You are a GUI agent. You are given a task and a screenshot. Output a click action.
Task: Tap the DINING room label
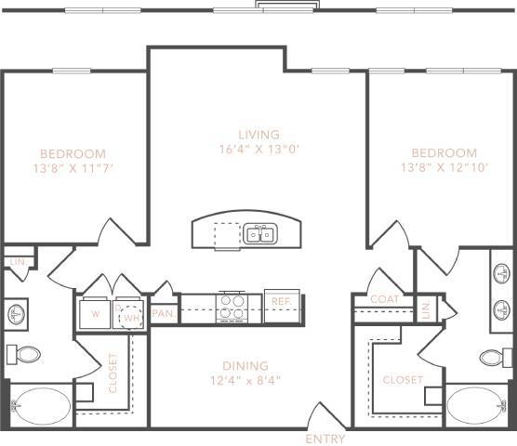[245, 365]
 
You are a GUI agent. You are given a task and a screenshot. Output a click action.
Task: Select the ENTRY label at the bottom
[325, 439]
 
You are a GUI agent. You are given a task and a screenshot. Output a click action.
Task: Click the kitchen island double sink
[260, 233]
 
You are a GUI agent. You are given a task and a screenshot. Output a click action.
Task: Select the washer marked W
[95, 312]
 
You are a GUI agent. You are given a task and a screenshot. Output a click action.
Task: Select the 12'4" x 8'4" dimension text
[245, 380]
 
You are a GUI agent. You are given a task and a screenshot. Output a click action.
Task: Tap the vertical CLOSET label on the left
[113, 373]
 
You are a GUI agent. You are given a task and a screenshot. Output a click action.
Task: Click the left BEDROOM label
[73, 153]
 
